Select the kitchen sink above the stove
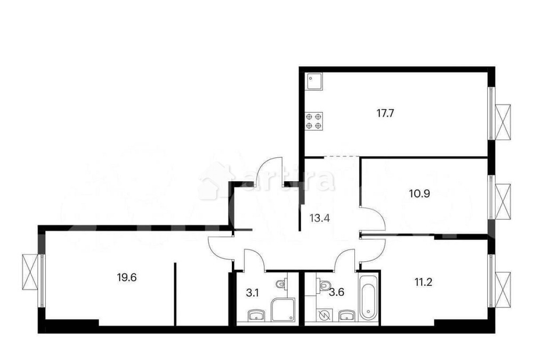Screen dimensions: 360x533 coord(313,82)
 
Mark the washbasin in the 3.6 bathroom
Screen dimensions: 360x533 coord(347,316)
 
